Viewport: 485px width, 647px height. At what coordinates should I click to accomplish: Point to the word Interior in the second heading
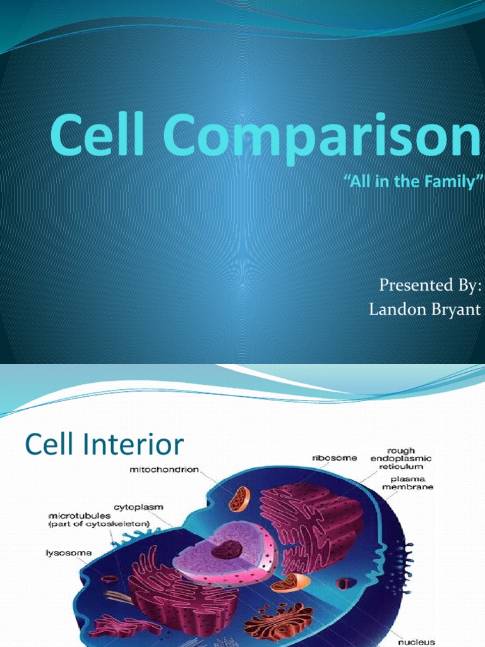tap(136, 445)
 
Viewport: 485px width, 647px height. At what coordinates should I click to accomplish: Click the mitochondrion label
tap(165, 469)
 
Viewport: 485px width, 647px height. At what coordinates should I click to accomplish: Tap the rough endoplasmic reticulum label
tap(401, 458)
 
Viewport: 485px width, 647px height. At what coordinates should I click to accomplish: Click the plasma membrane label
tap(407, 483)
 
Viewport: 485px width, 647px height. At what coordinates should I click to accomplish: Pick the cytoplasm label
tap(135, 507)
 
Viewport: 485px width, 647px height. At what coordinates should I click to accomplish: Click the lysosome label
tap(68, 553)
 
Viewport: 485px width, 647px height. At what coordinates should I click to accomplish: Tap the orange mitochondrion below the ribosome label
tap(239, 499)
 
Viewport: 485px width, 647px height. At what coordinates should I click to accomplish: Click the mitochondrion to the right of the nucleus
tap(290, 582)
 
